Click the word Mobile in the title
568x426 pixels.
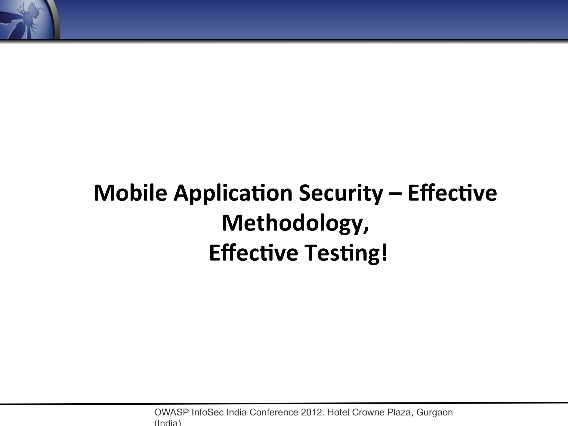pyautogui.click(x=130, y=193)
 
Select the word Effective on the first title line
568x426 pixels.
pyautogui.click(x=452, y=193)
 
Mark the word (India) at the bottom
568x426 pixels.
pyautogui.click(x=168, y=423)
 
